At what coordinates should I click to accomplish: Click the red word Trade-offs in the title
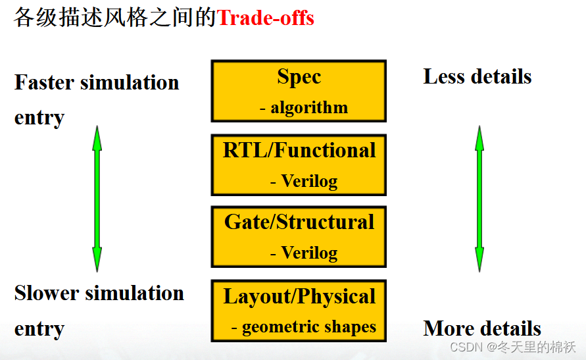point(266,18)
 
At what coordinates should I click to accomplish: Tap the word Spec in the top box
point(299,77)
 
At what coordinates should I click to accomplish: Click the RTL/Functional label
point(299,150)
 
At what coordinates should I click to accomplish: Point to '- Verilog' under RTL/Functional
point(304,180)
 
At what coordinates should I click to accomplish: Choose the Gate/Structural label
point(299,222)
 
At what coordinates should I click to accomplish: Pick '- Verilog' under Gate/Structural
point(304,252)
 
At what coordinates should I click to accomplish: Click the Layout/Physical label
point(299,296)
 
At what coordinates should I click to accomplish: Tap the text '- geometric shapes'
point(304,326)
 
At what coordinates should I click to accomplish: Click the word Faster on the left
point(42,83)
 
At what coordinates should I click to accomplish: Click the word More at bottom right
point(449,328)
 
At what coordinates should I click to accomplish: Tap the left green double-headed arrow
point(97,198)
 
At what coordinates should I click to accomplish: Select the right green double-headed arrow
point(479,198)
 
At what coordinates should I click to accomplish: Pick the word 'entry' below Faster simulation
point(39,118)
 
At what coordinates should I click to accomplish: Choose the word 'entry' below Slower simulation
point(39,328)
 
